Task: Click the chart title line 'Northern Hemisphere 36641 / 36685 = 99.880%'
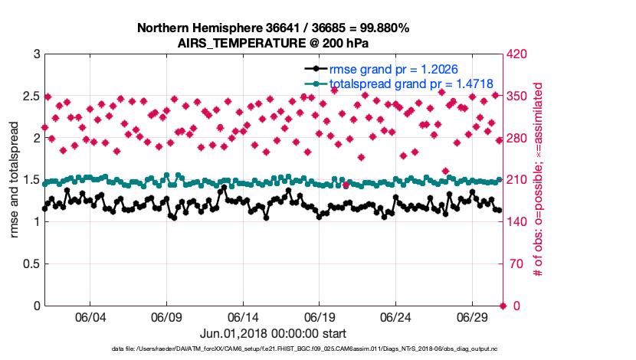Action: click(x=273, y=28)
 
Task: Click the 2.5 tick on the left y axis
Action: click(x=31, y=97)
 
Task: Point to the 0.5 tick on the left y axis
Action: click(x=31, y=264)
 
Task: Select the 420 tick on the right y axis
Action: click(x=520, y=54)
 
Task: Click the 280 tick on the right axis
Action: click(x=520, y=139)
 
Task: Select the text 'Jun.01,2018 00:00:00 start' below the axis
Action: click(x=273, y=334)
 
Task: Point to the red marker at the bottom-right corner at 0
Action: click(x=502, y=306)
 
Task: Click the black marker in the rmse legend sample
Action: click(x=313, y=70)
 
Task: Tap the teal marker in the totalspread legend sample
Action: click(x=313, y=83)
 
